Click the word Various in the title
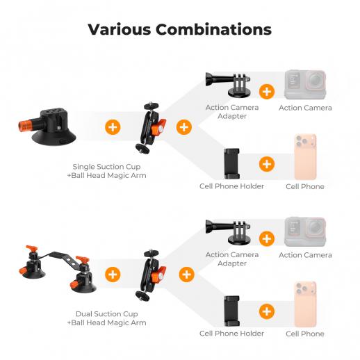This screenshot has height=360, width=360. click(x=120, y=29)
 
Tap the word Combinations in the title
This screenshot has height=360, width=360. click(x=213, y=29)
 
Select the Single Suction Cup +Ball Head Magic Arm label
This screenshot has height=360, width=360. click(x=106, y=171)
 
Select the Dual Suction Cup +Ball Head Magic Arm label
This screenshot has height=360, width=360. click(x=106, y=318)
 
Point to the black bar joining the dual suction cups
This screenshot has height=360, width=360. click(x=60, y=257)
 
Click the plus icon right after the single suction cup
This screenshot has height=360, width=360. click(x=113, y=127)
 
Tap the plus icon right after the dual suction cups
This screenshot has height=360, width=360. click(x=113, y=275)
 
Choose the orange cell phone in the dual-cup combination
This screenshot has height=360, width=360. click(x=305, y=304)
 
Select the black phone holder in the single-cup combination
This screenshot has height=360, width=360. click(x=231, y=164)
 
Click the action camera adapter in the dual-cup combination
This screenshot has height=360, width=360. click(x=229, y=232)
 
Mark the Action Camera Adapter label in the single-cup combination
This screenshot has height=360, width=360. click(x=232, y=112)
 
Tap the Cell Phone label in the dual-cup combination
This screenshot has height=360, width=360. click(x=305, y=334)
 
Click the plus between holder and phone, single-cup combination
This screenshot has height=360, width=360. click(x=267, y=164)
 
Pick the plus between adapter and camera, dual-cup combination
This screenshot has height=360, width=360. click(x=267, y=238)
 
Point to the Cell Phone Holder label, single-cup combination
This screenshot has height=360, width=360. click(x=231, y=186)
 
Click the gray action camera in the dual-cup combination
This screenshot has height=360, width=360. click(x=305, y=231)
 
